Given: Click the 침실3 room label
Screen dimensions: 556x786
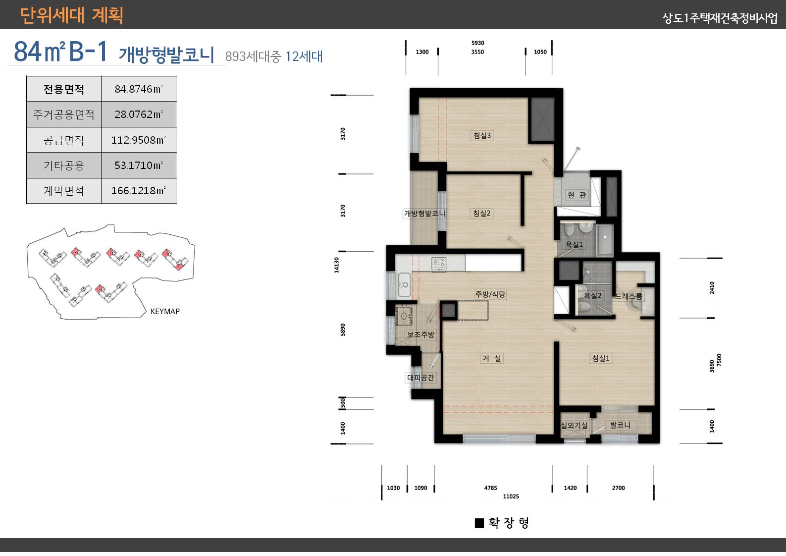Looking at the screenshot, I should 482,135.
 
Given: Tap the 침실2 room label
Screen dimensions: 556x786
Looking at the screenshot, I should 481,213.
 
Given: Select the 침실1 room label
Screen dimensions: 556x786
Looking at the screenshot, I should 601,358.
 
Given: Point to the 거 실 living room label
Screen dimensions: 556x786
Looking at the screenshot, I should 492,358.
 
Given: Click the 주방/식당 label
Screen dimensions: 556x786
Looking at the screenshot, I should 490,294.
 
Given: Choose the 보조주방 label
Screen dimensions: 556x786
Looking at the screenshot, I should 420,334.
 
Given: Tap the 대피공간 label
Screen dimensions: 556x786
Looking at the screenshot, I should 420,378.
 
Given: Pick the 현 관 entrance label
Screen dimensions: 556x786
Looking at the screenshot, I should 576,195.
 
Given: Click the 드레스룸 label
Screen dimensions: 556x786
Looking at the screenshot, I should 628,296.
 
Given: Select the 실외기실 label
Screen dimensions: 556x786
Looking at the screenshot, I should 574,425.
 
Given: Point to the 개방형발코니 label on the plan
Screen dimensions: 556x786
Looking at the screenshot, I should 424,214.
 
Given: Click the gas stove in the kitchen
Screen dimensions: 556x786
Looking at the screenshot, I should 439,263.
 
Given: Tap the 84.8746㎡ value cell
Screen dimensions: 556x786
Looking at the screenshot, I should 138,89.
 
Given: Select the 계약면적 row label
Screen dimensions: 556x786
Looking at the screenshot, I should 64,191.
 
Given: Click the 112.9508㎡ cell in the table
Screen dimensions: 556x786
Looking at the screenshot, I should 138,140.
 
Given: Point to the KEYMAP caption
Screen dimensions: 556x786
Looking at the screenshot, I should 165,311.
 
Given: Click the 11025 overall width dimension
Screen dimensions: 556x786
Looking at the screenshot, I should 511,496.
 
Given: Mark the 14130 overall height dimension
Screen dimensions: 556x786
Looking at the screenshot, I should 337,265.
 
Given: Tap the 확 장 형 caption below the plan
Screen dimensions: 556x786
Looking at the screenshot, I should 502,523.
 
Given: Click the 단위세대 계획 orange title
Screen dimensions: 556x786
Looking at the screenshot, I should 71,15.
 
